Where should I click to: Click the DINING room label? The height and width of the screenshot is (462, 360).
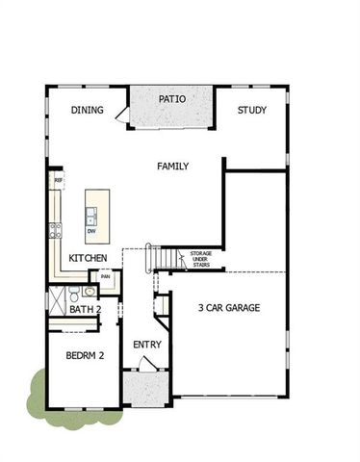[87, 110]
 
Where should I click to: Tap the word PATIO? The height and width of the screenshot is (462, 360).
[172, 99]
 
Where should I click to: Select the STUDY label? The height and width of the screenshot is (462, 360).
[252, 110]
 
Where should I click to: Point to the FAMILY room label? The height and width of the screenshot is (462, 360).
[172, 167]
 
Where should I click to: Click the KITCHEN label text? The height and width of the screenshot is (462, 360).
[88, 259]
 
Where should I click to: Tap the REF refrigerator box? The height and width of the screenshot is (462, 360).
[58, 180]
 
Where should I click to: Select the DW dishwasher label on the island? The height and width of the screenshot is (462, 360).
[91, 231]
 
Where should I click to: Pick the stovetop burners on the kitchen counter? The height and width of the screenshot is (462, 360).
[56, 230]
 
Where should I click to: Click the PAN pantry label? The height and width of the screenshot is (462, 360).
[106, 277]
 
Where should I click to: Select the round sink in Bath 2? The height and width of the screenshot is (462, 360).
[89, 291]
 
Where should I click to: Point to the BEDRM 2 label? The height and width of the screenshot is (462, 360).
[85, 356]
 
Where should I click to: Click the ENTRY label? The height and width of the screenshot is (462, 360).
[147, 345]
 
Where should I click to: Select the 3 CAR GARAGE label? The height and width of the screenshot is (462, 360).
[229, 308]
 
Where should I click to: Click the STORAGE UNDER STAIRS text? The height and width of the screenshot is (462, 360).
[200, 259]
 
